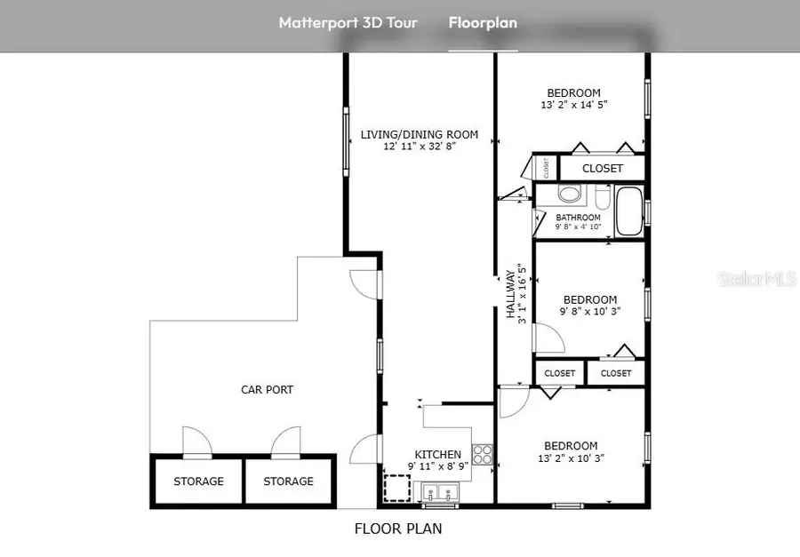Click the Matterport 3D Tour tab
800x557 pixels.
click(348, 23)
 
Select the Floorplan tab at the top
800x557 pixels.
click(483, 23)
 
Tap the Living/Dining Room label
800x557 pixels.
click(419, 135)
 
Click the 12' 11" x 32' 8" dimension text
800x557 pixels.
click(419, 147)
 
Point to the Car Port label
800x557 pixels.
click(267, 389)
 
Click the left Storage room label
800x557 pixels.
click(198, 481)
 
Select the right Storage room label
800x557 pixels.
click(289, 481)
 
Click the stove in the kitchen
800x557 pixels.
click(483, 455)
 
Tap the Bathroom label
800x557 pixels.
click(578, 218)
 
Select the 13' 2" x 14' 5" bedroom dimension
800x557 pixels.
click(573, 105)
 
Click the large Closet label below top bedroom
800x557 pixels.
click(602, 168)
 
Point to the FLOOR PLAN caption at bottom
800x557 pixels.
click(398, 529)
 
